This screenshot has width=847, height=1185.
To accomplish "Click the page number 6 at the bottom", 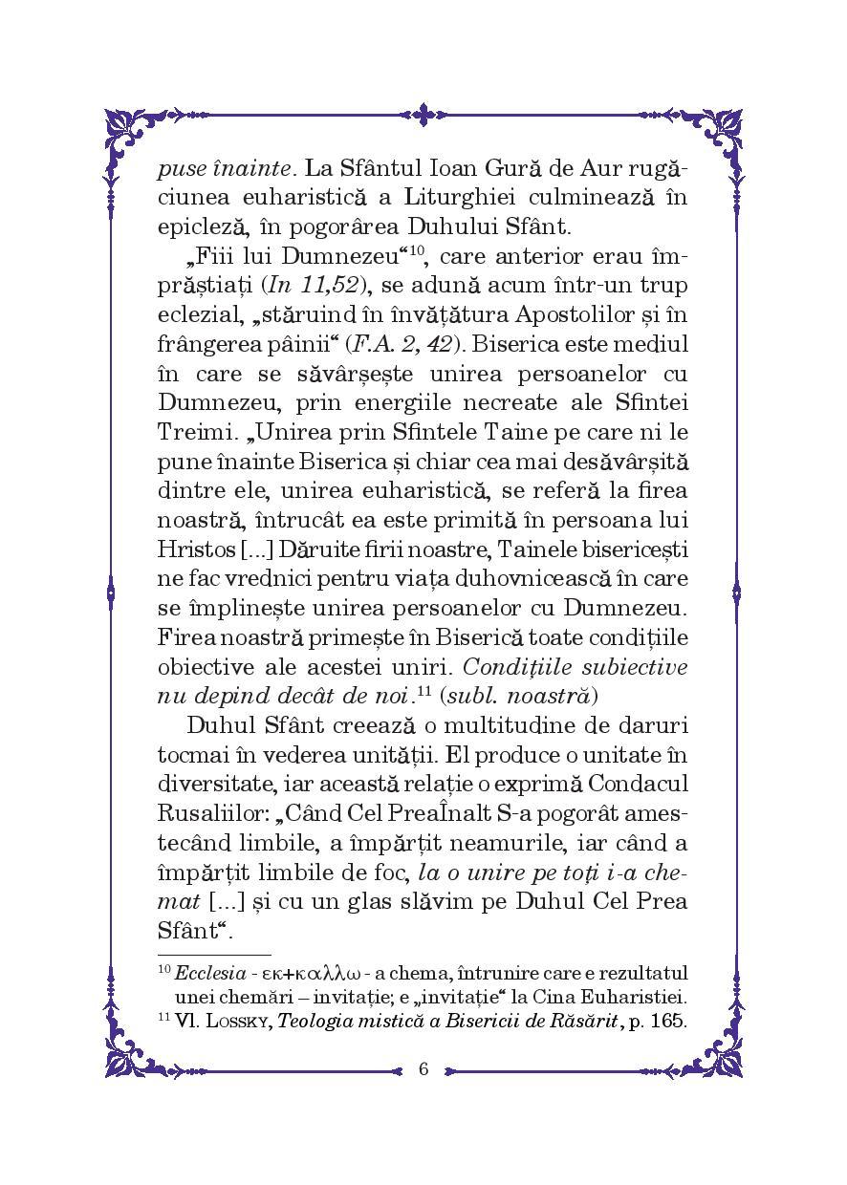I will coord(423,1068).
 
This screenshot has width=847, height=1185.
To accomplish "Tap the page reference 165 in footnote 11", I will coord(669,1020).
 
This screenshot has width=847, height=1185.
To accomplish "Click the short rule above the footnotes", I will coord(213,954).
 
